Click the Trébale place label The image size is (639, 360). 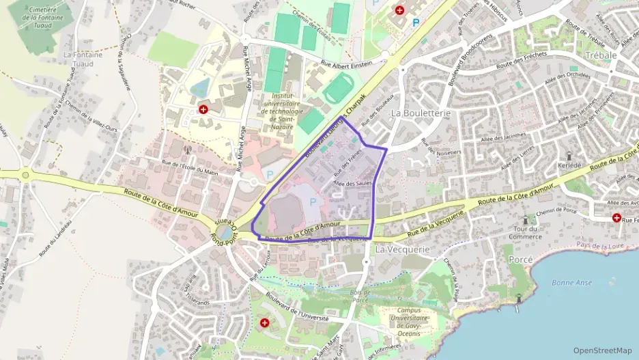point(601,55)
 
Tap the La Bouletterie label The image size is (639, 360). point(419,112)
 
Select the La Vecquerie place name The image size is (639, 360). point(403,249)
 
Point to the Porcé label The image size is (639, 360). point(521,260)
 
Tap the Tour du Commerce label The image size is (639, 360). point(524,232)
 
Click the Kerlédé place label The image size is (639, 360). point(576,167)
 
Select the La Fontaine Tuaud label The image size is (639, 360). point(83,59)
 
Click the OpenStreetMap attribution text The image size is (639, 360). point(602,350)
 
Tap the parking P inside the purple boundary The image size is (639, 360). point(313,201)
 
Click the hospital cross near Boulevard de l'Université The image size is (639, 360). point(264,322)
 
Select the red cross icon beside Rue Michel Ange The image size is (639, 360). point(203,109)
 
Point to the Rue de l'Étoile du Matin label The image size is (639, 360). point(190,168)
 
